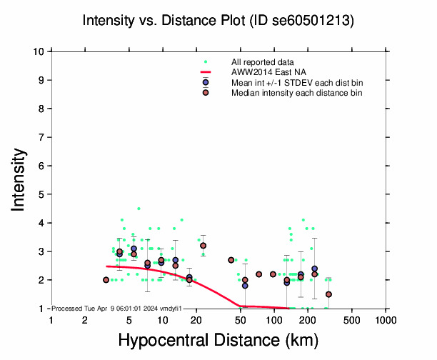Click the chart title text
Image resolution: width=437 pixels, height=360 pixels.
(217, 21)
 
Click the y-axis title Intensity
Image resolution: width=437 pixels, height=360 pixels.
(20, 179)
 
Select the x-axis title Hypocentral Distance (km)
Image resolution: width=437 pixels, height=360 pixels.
(218, 341)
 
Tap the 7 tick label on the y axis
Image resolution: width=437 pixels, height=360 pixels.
(43, 137)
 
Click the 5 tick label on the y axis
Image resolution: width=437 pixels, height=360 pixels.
(43, 194)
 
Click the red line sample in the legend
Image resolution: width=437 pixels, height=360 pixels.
(206, 73)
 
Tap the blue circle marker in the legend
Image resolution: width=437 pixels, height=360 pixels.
(206, 83)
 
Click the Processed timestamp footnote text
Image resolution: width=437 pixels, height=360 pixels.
(119, 308)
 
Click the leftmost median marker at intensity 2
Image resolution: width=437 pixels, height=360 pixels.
(106, 280)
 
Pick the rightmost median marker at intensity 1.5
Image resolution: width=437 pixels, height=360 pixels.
(329, 294)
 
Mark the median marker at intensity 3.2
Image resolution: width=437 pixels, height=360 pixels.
(203, 246)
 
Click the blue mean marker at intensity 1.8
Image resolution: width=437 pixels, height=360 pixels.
(245, 286)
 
